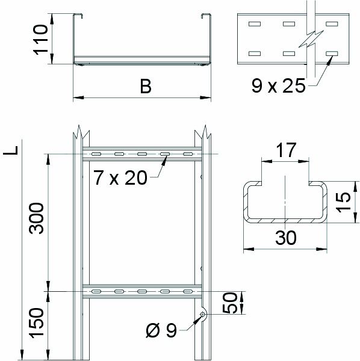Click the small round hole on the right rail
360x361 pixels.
coord(203,313)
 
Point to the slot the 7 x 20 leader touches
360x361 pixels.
coord(164,155)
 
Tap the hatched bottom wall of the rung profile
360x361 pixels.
coord(285,221)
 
